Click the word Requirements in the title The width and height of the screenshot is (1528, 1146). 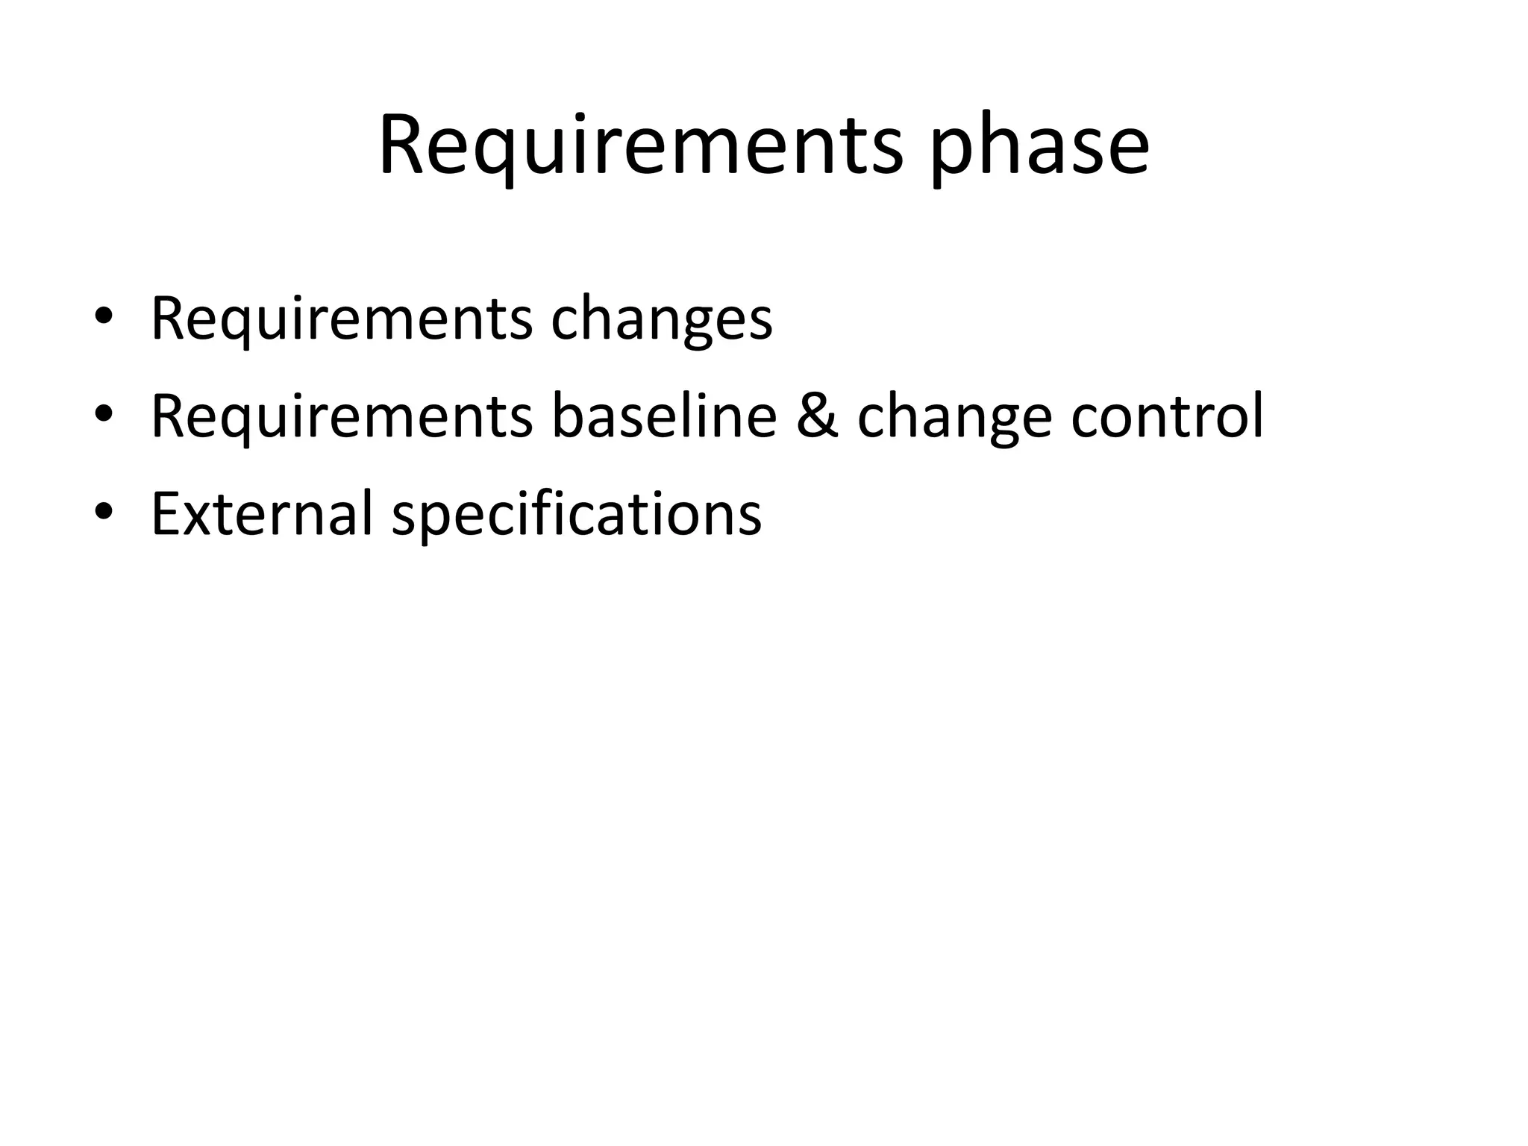point(640,145)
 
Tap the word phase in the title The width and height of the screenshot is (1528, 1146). point(1040,145)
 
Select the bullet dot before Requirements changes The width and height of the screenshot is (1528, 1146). point(104,316)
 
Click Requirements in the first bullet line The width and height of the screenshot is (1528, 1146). point(342,319)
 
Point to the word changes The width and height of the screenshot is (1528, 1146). point(661,319)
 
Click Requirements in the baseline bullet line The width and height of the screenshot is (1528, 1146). point(342,416)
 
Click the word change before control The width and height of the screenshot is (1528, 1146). point(954,418)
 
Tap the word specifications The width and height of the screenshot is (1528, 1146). point(576,515)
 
